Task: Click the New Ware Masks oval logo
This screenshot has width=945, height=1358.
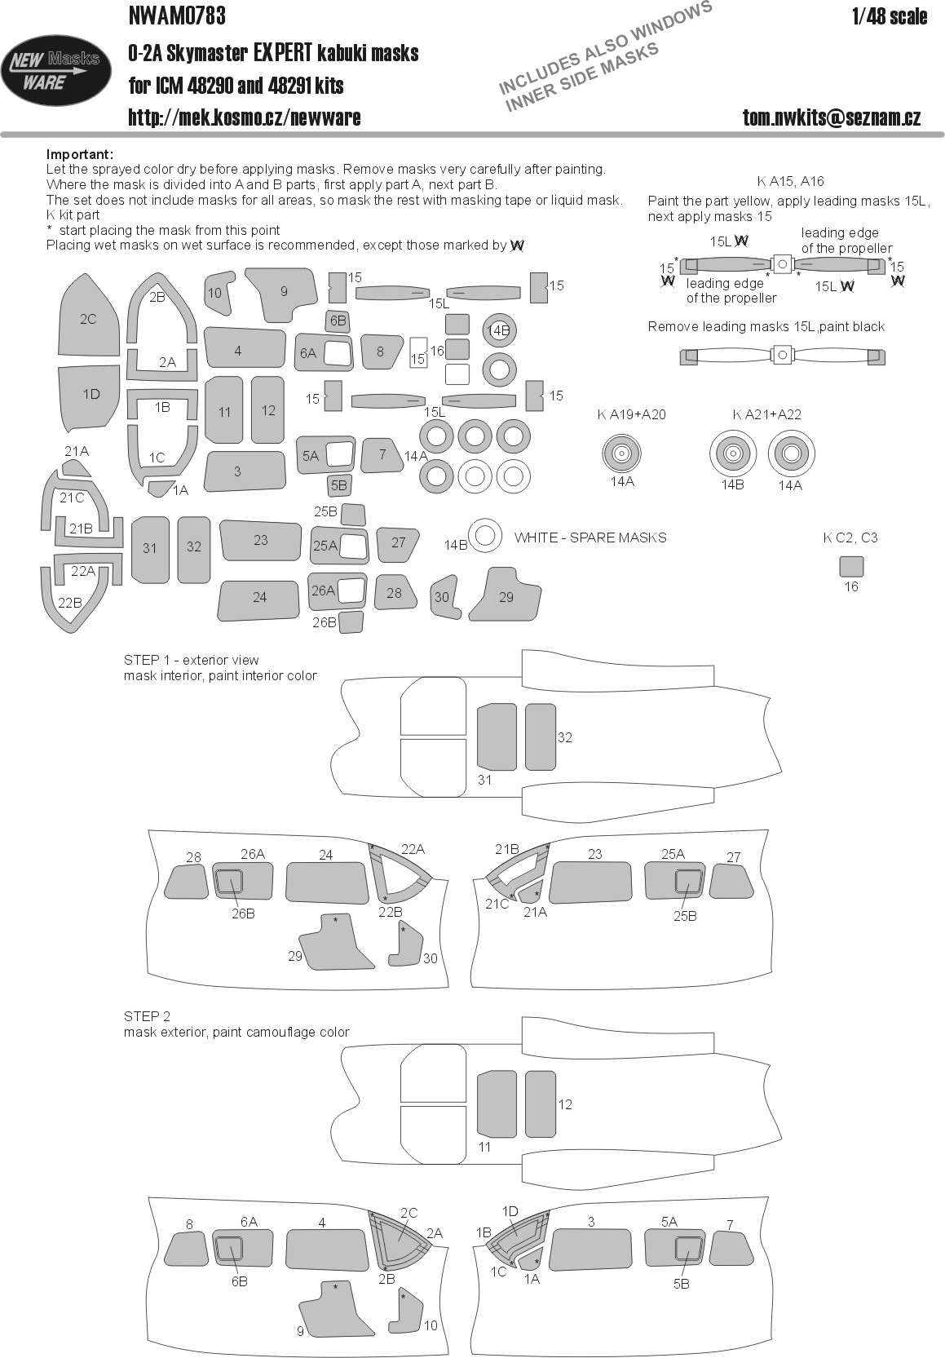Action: (x=55, y=69)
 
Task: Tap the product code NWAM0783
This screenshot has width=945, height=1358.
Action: (x=177, y=15)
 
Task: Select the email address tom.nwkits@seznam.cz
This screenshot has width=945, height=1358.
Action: (x=832, y=117)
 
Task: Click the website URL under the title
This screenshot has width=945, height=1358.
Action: (x=244, y=117)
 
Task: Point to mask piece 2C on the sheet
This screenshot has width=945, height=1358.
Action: (x=89, y=319)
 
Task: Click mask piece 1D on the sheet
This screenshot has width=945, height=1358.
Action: (x=91, y=395)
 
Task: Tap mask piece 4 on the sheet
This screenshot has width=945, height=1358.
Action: (x=238, y=350)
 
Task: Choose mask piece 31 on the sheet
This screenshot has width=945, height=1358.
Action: (x=149, y=548)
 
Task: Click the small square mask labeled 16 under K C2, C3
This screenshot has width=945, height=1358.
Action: (x=850, y=566)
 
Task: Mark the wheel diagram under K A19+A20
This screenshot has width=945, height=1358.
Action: (x=621, y=453)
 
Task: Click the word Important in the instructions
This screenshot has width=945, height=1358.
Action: (x=79, y=154)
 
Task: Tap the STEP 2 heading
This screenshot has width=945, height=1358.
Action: (x=147, y=1015)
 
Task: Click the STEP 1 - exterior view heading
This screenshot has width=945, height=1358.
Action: (x=191, y=660)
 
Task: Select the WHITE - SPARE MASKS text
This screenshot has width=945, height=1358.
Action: (x=590, y=537)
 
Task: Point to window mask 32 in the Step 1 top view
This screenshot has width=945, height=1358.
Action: (x=541, y=737)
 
